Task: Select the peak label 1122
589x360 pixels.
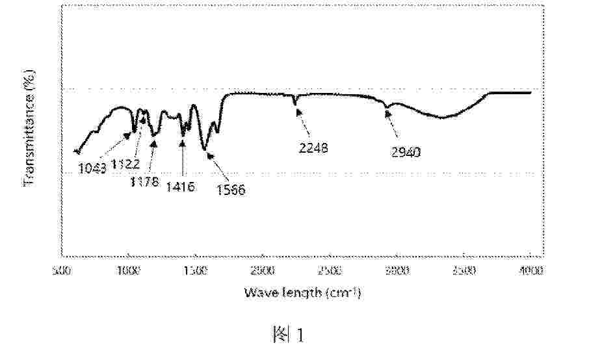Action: click(x=124, y=165)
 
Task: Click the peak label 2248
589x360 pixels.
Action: click(x=314, y=148)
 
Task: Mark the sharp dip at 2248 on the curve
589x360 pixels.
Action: click(x=296, y=103)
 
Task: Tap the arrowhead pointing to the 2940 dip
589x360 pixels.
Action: click(x=387, y=114)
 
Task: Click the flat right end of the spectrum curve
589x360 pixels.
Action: click(x=514, y=92)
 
